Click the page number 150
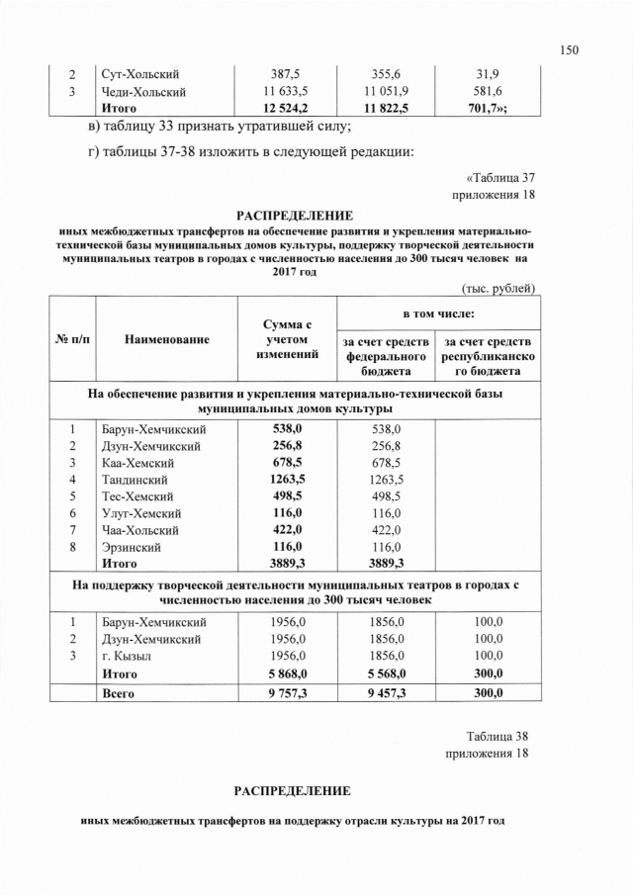point(568,49)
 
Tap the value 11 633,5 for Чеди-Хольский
point(286,92)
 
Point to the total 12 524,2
point(286,109)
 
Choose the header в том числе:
point(436,313)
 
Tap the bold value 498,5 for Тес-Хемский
point(287,496)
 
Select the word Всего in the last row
point(119,694)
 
